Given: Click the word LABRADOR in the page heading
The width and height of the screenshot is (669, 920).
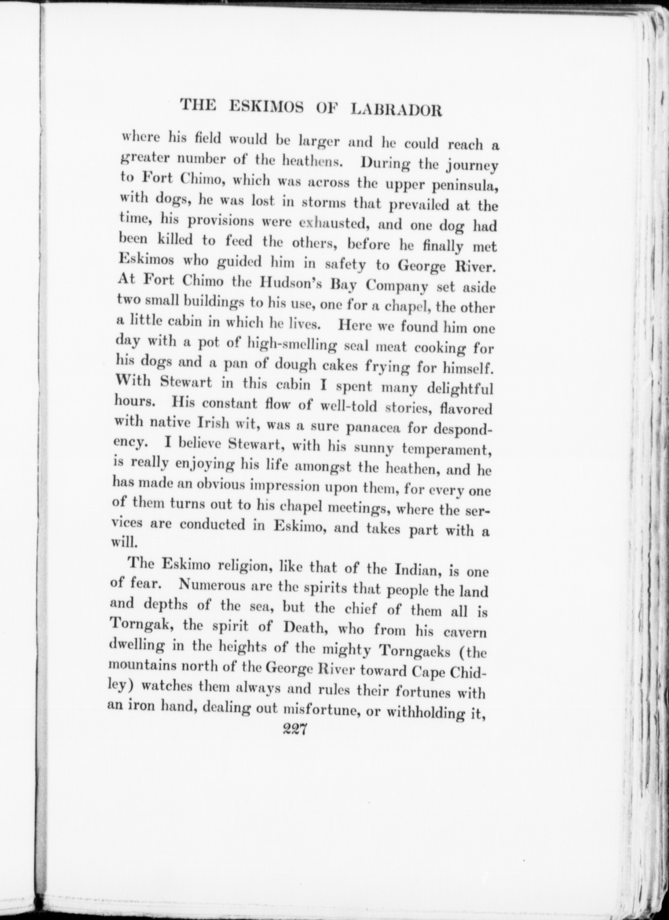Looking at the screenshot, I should coord(395,110).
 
